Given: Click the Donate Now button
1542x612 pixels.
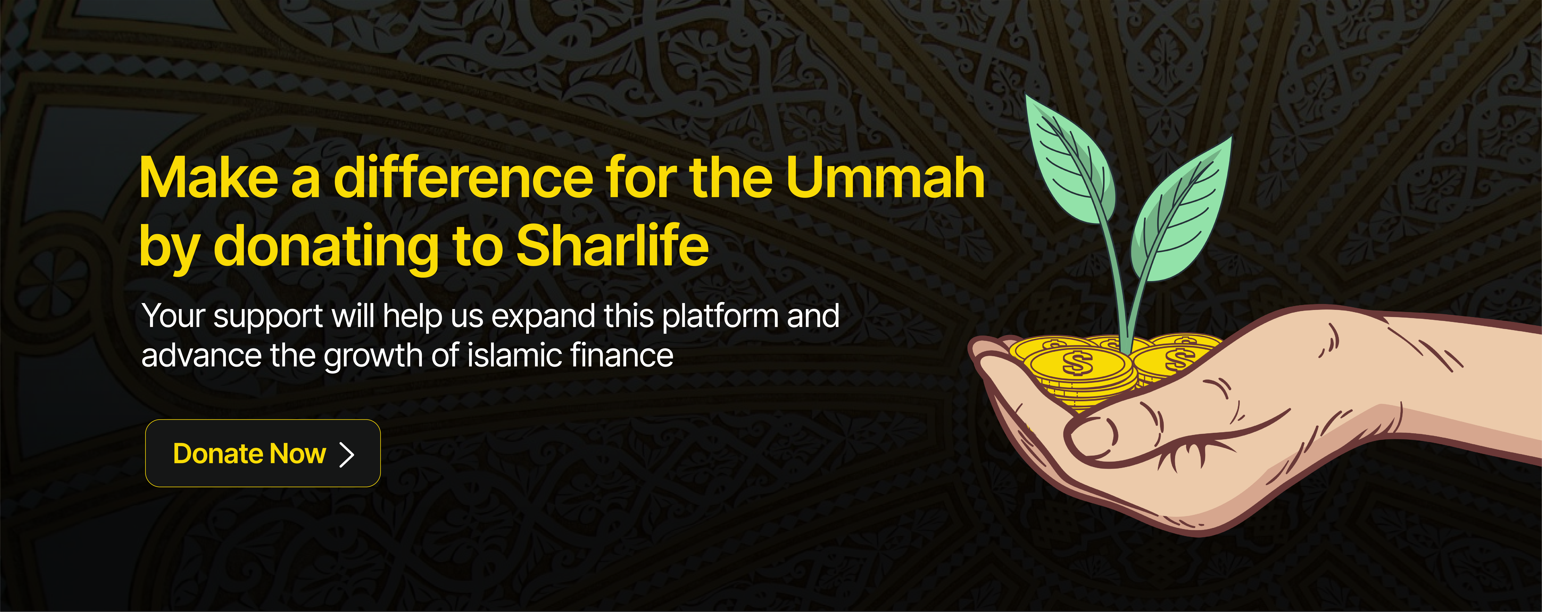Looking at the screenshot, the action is (263, 453).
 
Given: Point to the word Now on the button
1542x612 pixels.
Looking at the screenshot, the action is (298, 454).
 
